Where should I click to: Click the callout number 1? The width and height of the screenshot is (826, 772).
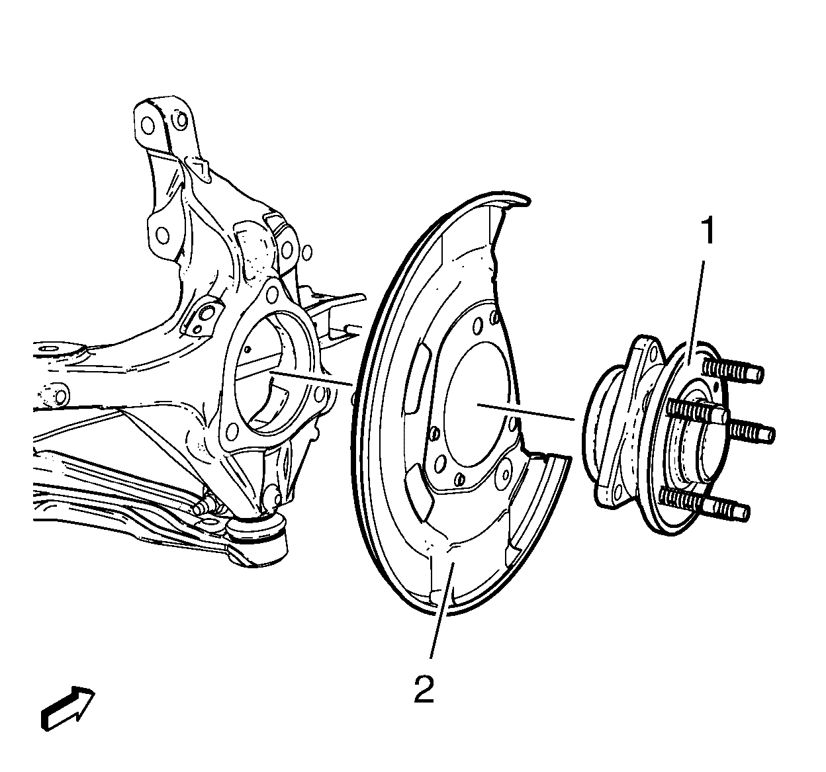point(708,233)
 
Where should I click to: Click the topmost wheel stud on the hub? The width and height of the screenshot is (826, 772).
point(735,370)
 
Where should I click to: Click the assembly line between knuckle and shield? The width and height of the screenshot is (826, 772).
point(311,378)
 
